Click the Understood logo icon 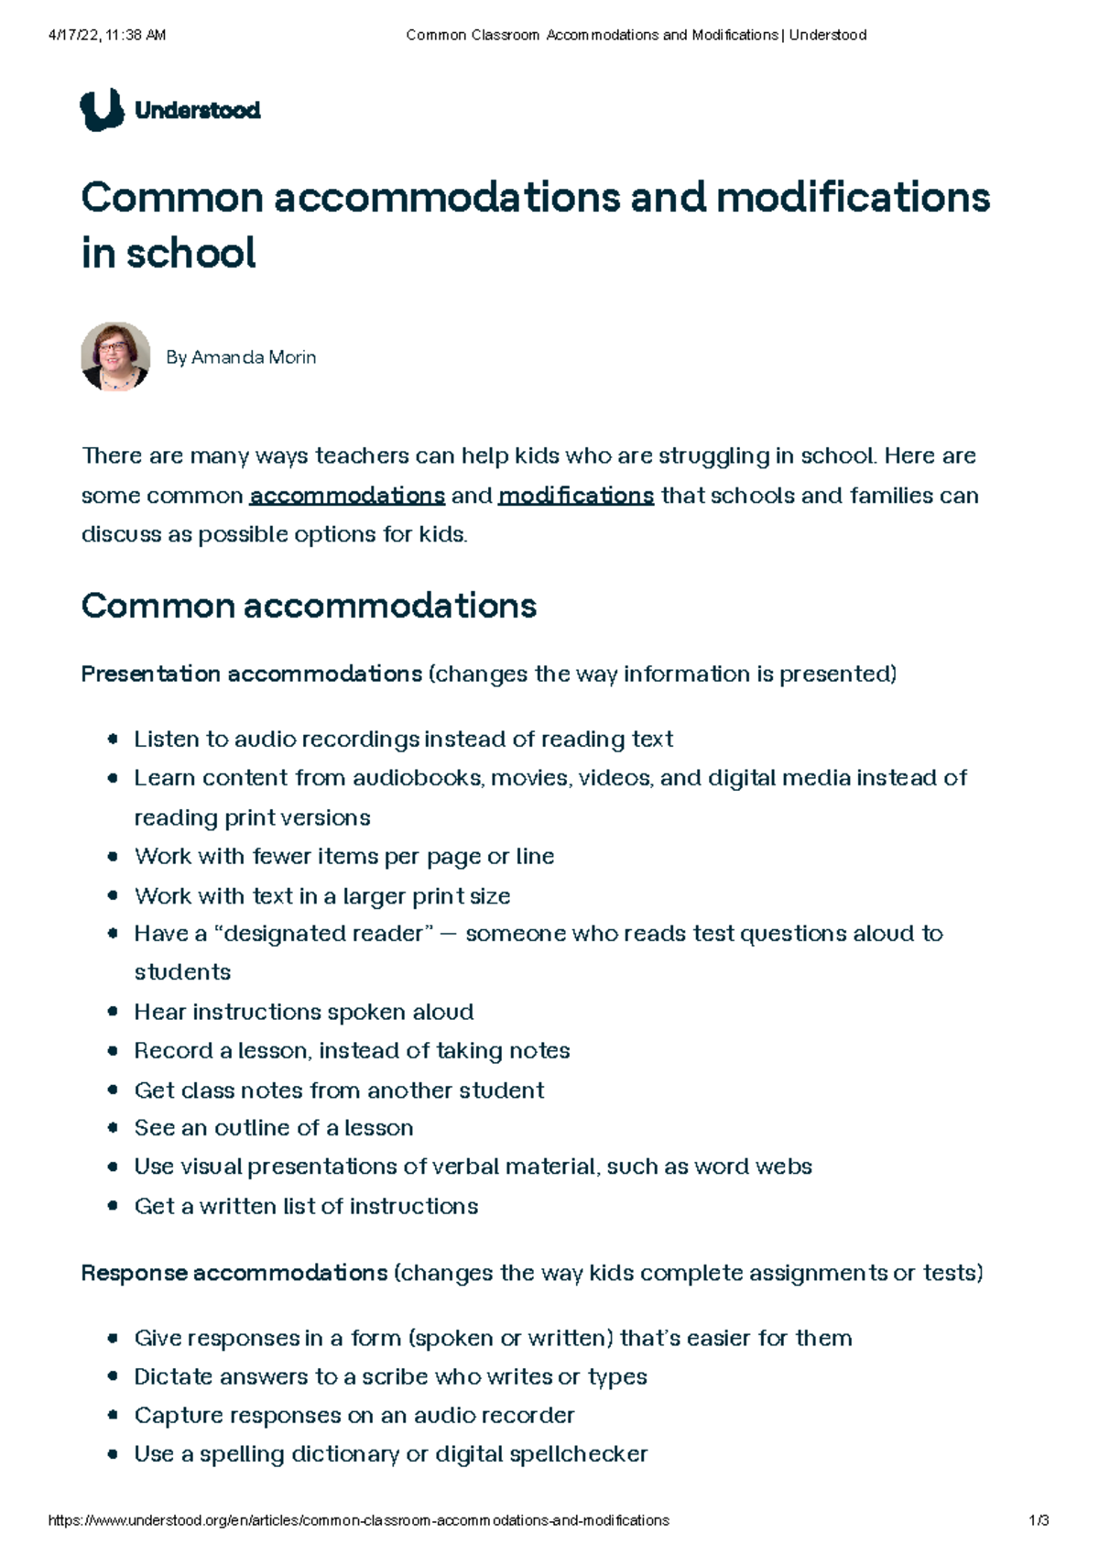click(x=102, y=110)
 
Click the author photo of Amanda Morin click(x=115, y=356)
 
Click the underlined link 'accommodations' click(x=347, y=496)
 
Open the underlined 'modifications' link click(x=576, y=496)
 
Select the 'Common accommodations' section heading click(x=309, y=606)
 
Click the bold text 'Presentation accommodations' click(x=252, y=674)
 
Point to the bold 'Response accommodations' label click(x=234, y=1273)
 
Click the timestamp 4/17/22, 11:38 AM click(x=106, y=35)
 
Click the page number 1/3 click(x=1039, y=1520)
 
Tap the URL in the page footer click(x=358, y=1520)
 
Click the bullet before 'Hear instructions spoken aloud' click(x=113, y=1012)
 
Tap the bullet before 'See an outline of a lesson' click(x=113, y=1128)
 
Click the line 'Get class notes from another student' click(x=339, y=1090)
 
